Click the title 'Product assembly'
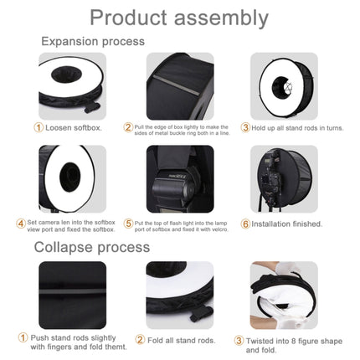coord(179,18)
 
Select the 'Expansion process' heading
coord(93,41)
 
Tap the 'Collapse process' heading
coord(92,247)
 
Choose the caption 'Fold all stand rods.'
coord(187,340)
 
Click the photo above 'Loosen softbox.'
coord(72,85)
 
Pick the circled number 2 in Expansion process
coord(128,127)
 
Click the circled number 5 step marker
coord(128,224)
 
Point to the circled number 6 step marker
coord(246,224)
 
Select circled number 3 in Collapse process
coord(239,340)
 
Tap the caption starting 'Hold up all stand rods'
coord(286,127)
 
